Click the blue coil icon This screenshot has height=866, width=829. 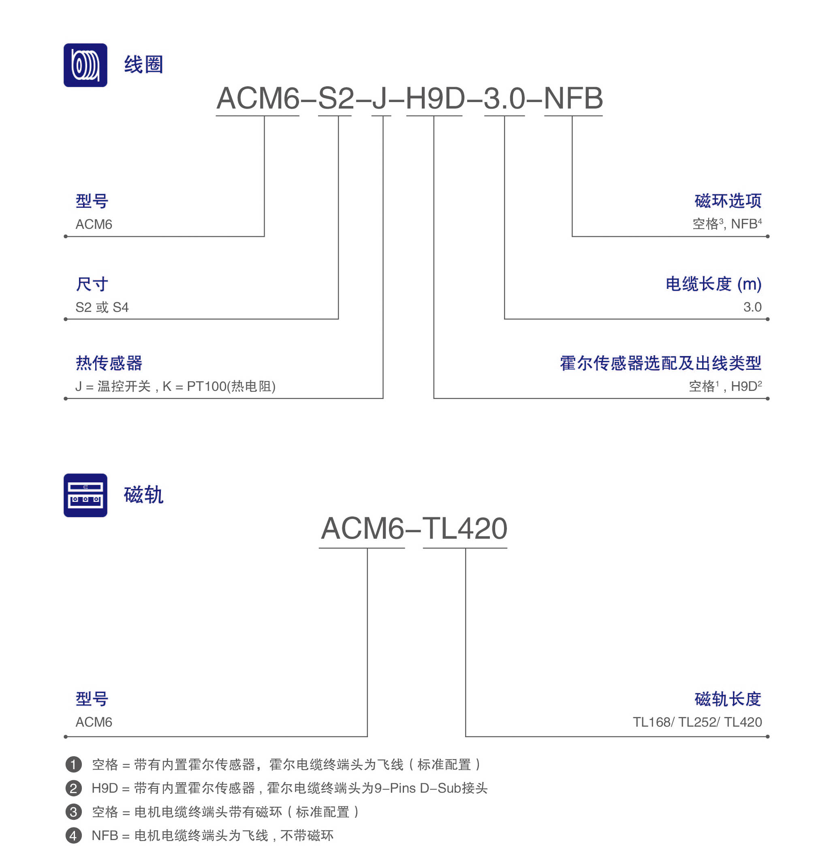[x=85, y=65]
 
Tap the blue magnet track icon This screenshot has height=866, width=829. [x=85, y=495]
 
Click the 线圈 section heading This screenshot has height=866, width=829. [x=143, y=64]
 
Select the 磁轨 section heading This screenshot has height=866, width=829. [x=143, y=495]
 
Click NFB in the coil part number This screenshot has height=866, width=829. [x=573, y=98]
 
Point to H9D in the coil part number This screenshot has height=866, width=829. [x=435, y=98]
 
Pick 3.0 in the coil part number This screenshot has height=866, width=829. [x=504, y=98]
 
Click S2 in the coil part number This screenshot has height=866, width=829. [x=336, y=98]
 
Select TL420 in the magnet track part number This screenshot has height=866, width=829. [x=465, y=529]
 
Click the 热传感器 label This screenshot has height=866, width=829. [x=109, y=363]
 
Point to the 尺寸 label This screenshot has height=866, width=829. [x=92, y=284]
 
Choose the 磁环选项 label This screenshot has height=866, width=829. [x=728, y=201]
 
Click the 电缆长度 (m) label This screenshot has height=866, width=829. [x=714, y=284]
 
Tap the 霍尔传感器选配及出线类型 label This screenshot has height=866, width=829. [x=660, y=363]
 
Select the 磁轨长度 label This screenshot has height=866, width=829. [x=728, y=699]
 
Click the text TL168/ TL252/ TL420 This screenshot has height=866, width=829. [x=697, y=722]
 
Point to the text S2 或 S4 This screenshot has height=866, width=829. [x=102, y=307]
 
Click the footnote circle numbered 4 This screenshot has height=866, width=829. [x=74, y=836]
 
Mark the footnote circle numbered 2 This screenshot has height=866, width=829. [x=74, y=788]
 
